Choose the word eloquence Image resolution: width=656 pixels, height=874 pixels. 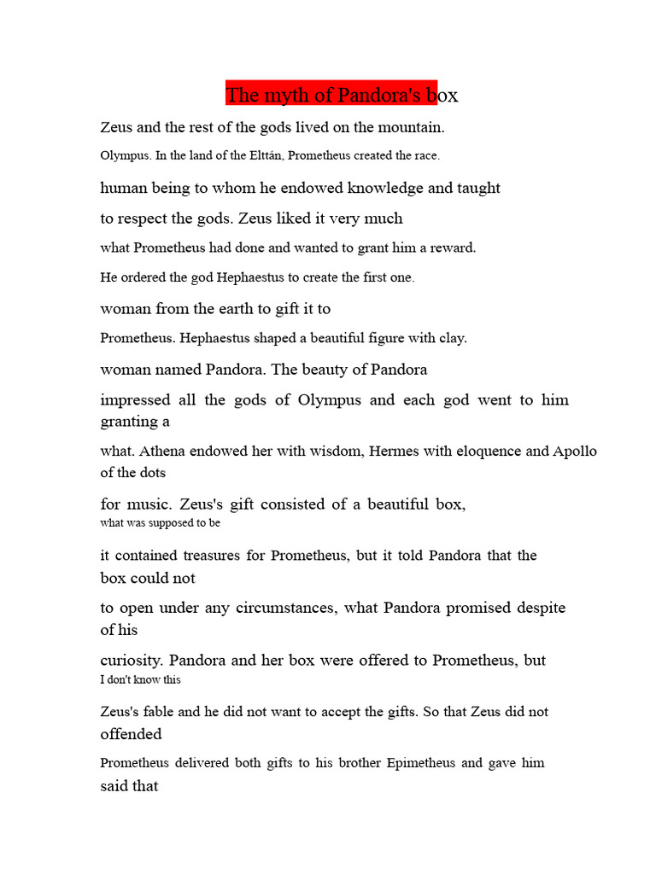click(x=484, y=452)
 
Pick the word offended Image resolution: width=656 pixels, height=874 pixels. click(x=131, y=734)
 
